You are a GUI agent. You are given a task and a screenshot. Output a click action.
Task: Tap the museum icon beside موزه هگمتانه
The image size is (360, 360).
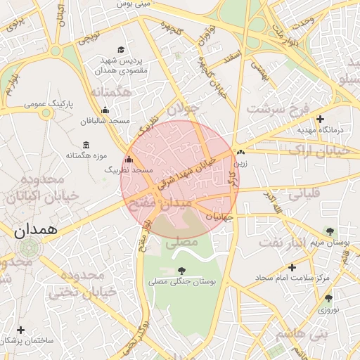coord(86,145)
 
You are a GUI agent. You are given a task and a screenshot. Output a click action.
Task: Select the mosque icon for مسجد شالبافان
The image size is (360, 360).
coord(105,110)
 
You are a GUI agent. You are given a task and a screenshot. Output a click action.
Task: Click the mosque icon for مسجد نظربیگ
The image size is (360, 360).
coord(128,160)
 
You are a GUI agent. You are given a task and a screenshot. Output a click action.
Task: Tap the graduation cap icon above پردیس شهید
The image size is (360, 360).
coord(121,50)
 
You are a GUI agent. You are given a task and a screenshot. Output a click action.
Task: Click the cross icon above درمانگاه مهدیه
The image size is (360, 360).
coord(321,119)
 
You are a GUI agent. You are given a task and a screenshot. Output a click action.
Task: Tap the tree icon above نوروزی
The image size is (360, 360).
coord(328,298)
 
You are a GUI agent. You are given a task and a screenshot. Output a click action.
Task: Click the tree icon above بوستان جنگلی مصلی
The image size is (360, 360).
coord(182,270)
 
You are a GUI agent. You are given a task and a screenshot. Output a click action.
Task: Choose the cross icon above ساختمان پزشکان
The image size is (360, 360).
coord(20,330)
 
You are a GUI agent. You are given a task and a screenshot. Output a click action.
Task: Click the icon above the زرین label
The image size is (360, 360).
coord(241,152)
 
